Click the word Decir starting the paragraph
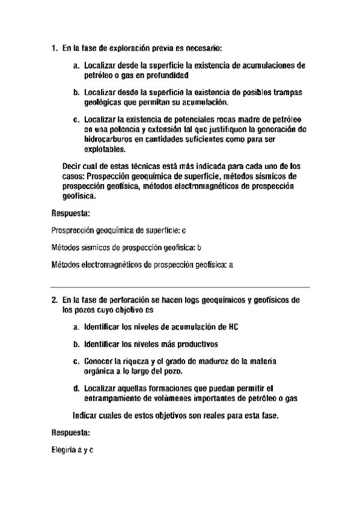73,165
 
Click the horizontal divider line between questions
180,286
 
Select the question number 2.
54,299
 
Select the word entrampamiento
112,398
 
